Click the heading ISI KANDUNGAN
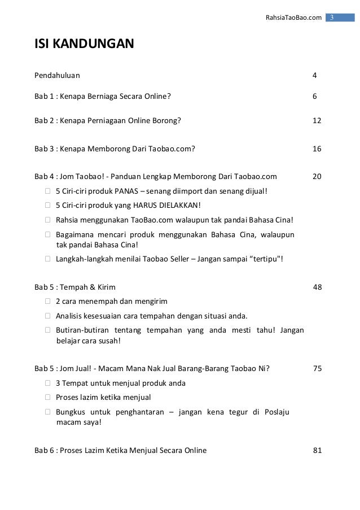point(84,43)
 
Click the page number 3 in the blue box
point(332,18)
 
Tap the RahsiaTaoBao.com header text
point(293,18)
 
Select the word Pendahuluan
point(57,75)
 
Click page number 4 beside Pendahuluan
point(315,75)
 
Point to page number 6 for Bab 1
point(315,96)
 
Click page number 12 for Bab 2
point(317,120)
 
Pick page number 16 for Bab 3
point(317,149)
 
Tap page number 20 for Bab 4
point(317,176)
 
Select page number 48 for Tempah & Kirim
point(317,287)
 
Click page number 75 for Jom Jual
point(317,369)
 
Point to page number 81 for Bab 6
point(317,450)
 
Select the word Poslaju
point(276,412)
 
